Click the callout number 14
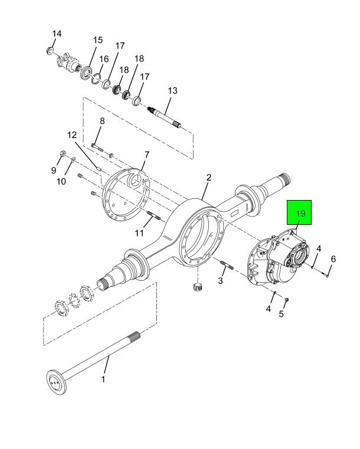pyautogui.click(x=57, y=34)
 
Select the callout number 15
pyautogui.click(x=97, y=40)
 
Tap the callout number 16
pyautogui.click(x=104, y=59)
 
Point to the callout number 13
pyautogui.click(x=173, y=91)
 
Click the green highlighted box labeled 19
pyautogui.click(x=299, y=212)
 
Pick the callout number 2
pyautogui.click(x=209, y=178)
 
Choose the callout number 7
pyautogui.click(x=146, y=155)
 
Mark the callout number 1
pyautogui.click(x=103, y=379)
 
